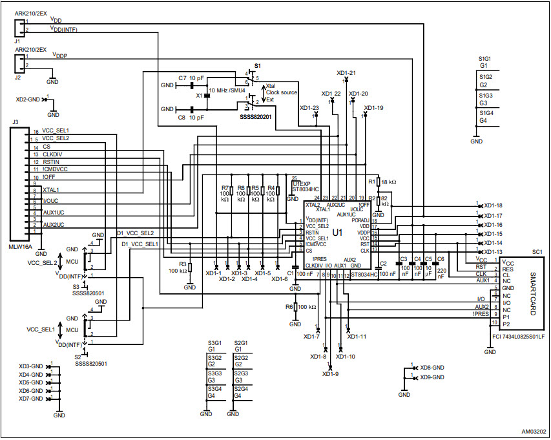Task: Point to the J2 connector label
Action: point(17,76)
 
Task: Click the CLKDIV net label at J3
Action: point(53,154)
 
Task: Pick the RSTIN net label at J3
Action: point(52,162)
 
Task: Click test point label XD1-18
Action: point(493,205)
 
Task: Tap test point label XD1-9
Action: point(331,373)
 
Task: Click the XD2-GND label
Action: point(28,100)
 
